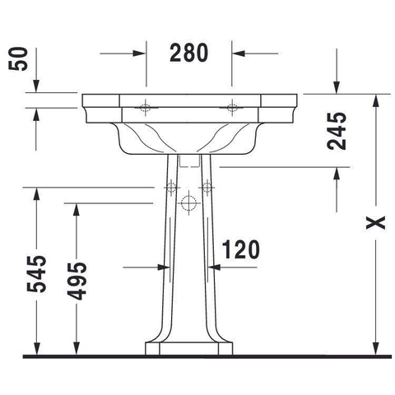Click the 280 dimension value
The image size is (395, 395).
pyautogui.click(x=188, y=53)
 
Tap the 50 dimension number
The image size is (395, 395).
pyautogui.click(x=18, y=59)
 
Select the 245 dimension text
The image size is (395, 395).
pyautogui.click(x=337, y=131)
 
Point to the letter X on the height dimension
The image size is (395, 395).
pyautogui.click(x=375, y=223)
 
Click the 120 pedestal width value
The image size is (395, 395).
pyautogui.click(x=240, y=249)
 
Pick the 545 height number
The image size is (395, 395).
pyautogui.click(x=36, y=274)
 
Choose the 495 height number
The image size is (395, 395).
pyautogui.click(x=77, y=281)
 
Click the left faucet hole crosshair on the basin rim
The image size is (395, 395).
pyautogui.click(x=146, y=108)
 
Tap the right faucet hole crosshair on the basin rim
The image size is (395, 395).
pyautogui.click(x=232, y=108)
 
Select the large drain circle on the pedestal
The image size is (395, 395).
pyautogui.click(x=188, y=203)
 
